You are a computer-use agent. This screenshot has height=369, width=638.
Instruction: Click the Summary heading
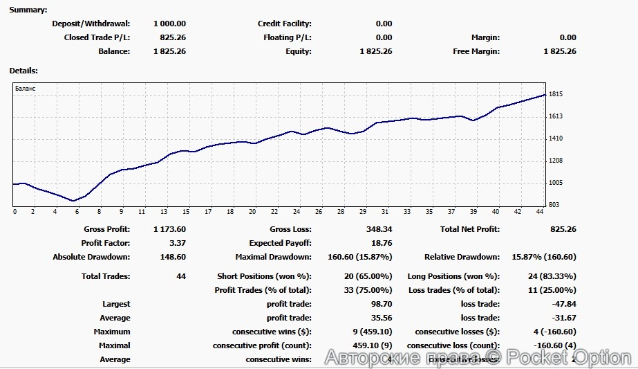coord(28,10)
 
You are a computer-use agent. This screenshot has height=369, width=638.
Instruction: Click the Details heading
coord(24,70)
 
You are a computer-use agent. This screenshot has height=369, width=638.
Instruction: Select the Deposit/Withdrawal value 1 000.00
coord(169,24)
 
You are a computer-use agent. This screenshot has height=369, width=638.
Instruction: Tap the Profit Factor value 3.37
coord(177,243)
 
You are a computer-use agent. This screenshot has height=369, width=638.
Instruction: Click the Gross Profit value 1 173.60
coord(169,229)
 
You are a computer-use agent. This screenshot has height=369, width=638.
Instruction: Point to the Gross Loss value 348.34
coord(379,229)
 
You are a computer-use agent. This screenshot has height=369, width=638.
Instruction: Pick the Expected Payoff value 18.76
coord(382,243)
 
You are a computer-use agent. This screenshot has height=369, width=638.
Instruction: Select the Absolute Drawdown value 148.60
coord(172,257)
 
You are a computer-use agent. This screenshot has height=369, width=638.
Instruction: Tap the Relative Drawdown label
coord(462,257)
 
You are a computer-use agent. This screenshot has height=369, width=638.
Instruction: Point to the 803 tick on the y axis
coord(555,205)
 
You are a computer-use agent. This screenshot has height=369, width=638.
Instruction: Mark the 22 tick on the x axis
coord(274,212)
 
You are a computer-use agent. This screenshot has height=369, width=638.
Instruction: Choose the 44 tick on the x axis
coord(538,212)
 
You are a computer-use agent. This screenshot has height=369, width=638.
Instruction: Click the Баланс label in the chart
coord(25,89)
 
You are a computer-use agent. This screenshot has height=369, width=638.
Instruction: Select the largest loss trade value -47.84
coord(563,304)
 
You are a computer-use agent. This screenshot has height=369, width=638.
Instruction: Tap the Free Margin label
coord(476,51)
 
